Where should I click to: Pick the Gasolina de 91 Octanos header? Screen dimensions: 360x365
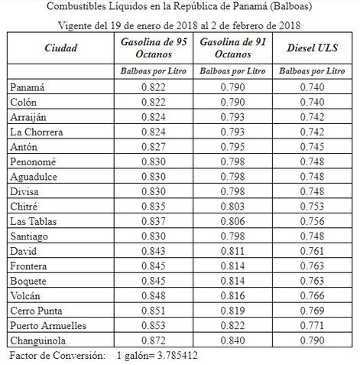click(x=233, y=47)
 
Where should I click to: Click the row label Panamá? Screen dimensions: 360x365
click(x=28, y=88)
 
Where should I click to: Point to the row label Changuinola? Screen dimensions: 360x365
click(x=38, y=340)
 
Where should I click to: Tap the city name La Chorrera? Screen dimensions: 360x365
click(x=36, y=132)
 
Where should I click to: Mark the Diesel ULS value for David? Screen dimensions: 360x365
click(x=314, y=251)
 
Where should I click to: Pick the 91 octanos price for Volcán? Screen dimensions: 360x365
click(x=233, y=295)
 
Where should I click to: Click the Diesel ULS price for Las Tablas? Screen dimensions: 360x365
click(x=314, y=221)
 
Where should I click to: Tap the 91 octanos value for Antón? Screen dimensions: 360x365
click(x=233, y=147)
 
